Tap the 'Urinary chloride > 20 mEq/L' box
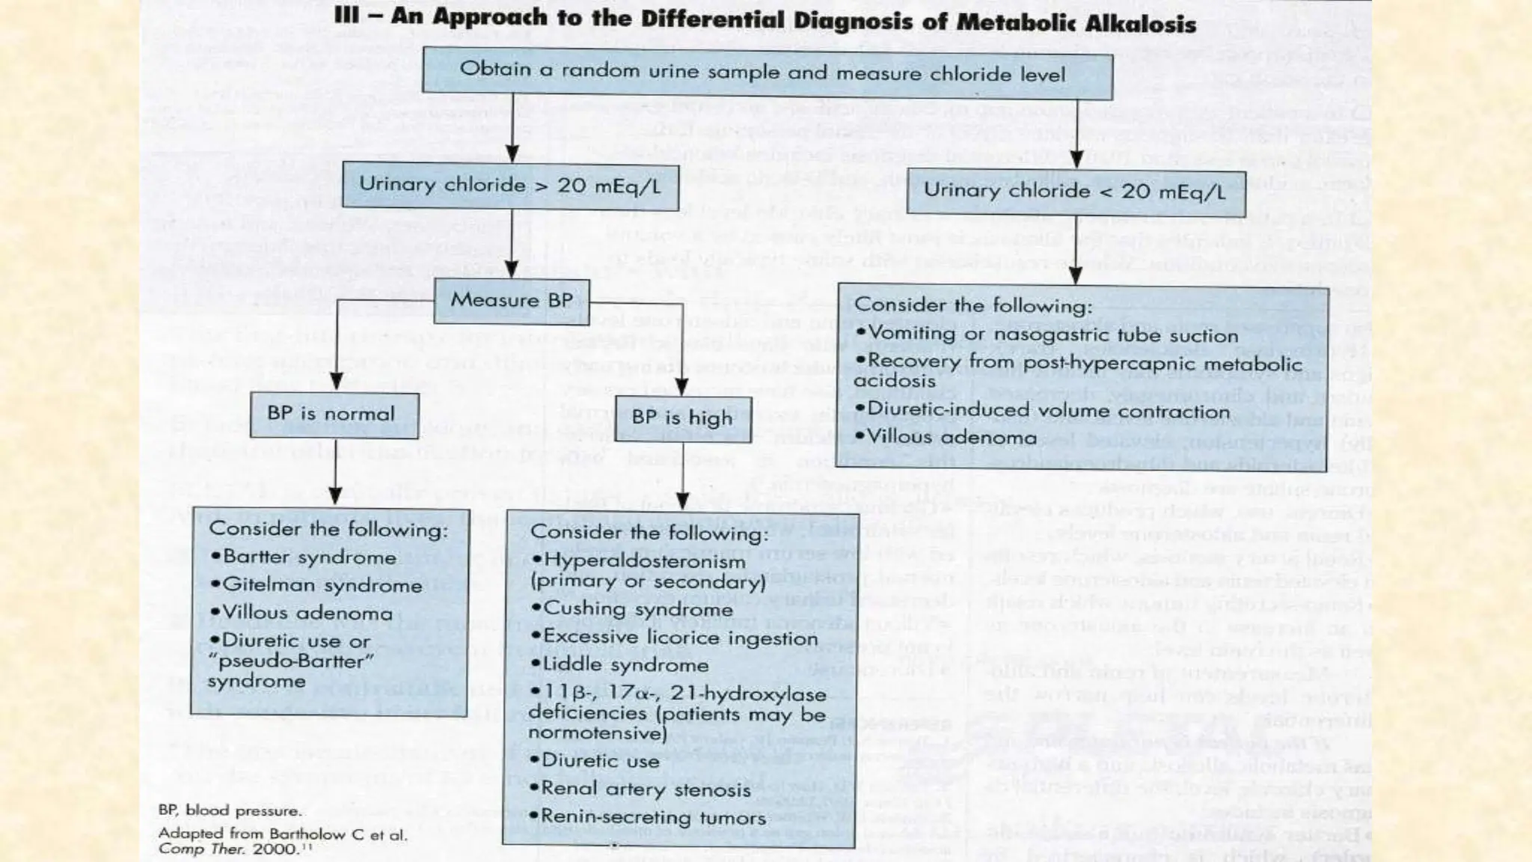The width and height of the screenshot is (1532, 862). [x=510, y=185]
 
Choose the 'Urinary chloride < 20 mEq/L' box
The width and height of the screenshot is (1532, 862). [x=1075, y=191]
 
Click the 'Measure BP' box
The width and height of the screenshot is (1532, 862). [x=512, y=300]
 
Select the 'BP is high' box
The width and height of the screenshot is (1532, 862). [x=681, y=418]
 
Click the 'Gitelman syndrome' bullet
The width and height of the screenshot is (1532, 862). [x=316, y=585]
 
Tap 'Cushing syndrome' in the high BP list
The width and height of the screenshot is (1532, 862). [x=632, y=608]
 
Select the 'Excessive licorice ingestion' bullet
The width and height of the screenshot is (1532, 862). [x=673, y=638]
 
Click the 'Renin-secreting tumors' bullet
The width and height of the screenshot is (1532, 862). [x=647, y=816]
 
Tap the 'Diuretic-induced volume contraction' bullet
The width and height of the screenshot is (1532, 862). [x=1043, y=411]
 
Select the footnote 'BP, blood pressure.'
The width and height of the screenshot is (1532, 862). [x=230, y=810]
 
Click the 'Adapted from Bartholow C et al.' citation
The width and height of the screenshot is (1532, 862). [x=283, y=834]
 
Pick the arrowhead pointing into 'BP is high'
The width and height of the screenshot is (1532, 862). [x=681, y=387]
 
